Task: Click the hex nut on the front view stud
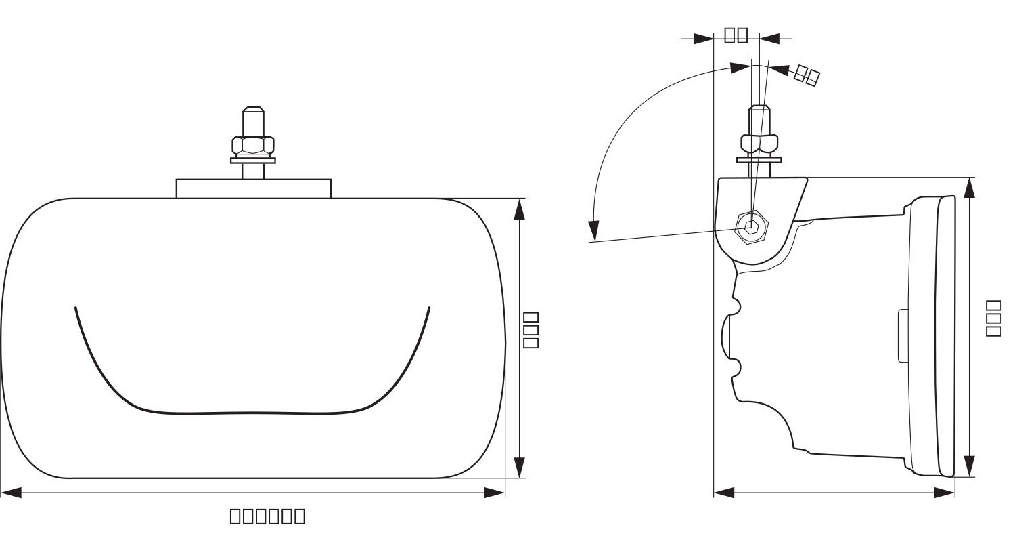(253, 144)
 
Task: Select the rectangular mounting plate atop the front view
(254, 188)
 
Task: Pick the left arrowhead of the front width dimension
(11, 493)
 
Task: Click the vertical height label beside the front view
(531, 330)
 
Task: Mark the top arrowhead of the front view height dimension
(519, 209)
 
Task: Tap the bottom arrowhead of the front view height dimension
(519, 468)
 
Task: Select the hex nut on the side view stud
(759, 143)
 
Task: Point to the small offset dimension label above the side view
(736, 35)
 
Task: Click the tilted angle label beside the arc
(807, 75)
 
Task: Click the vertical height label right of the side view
(993, 318)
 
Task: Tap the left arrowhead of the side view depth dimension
(724, 493)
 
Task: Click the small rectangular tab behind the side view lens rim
(903, 335)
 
